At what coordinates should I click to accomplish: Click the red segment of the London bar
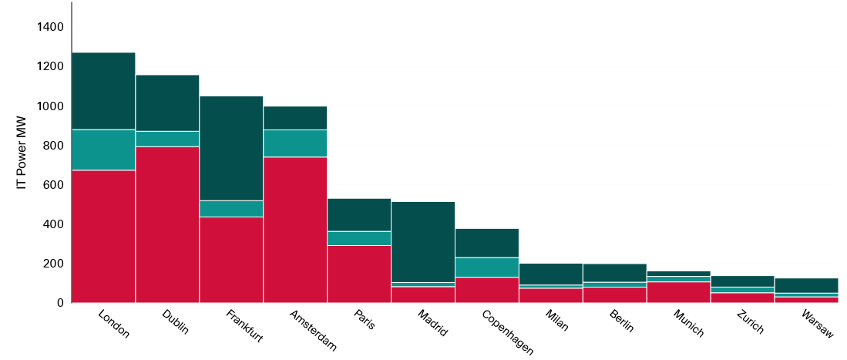[103, 236]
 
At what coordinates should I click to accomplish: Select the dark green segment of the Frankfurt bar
[231, 148]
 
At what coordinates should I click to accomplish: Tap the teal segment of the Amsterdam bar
[295, 143]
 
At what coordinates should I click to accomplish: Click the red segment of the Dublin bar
[167, 224]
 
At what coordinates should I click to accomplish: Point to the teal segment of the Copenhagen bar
[487, 267]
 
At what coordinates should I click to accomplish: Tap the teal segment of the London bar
[103, 150]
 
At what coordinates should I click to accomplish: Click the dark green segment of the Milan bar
[551, 274]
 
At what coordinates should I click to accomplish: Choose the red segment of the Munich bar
[679, 292]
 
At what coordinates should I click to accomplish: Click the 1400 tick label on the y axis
[50, 27]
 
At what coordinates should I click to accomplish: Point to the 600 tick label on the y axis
[53, 184]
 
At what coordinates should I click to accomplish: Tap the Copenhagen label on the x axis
[507, 332]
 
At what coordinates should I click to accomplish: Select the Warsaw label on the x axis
[817, 324]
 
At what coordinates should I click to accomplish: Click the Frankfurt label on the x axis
[244, 326]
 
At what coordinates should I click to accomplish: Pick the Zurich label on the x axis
[749, 321]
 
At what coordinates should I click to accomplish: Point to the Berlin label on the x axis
[621, 321]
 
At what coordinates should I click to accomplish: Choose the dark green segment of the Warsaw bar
[807, 285]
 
